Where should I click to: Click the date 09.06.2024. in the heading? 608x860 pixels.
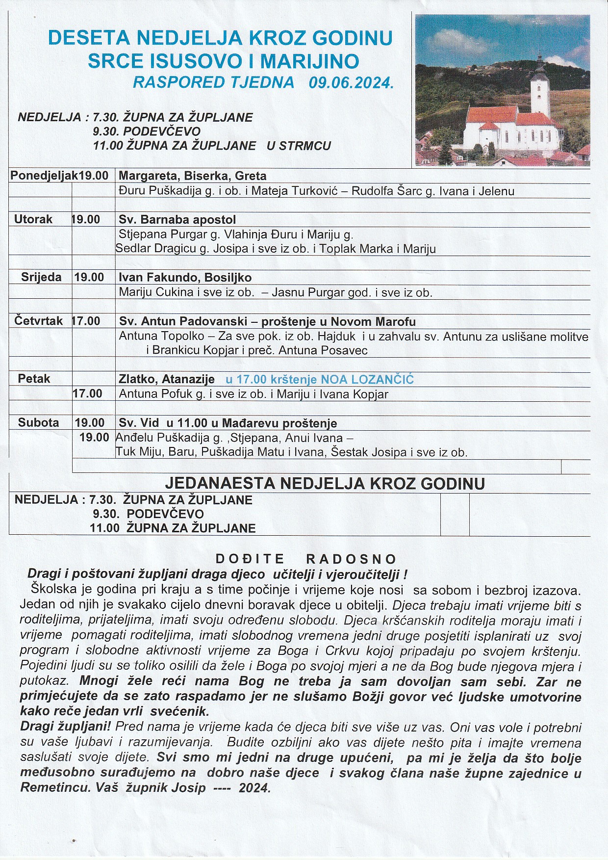(351, 82)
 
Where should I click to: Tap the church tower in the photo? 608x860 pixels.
(539, 88)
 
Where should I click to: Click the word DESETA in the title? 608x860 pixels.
(89, 38)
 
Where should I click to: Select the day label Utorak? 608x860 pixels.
(33, 219)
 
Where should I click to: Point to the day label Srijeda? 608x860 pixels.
(41, 277)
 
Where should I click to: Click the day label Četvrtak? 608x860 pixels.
(38, 321)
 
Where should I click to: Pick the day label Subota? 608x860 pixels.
(38, 422)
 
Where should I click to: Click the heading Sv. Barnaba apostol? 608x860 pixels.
(177, 219)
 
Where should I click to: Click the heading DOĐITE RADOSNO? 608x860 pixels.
(306, 559)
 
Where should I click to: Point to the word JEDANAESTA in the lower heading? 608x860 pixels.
(220, 484)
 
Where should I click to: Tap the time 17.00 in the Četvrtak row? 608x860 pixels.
(86, 321)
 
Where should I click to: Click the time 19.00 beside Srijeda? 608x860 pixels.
(89, 277)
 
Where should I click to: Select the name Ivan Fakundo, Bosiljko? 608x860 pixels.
(185, 278)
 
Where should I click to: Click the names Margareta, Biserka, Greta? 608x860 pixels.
(192, 176)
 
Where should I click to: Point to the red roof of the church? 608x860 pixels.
(490, 114)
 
